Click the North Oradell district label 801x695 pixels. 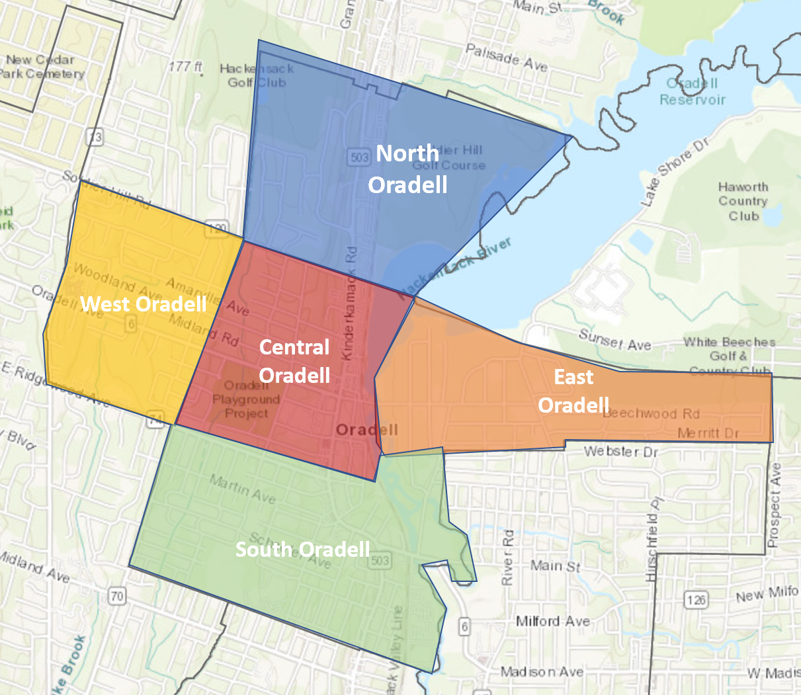[407, 169]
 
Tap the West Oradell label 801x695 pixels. [144, 304]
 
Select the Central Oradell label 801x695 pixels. [294, 361]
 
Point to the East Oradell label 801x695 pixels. [573, 391]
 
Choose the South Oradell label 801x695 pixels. [302, 550]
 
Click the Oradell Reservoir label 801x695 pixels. [693, 92]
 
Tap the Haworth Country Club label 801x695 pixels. [743, 201]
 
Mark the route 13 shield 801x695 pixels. [95, 137]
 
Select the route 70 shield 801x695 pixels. [117, 596]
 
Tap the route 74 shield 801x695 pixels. [156, 418]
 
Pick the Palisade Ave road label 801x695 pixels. [507, 58]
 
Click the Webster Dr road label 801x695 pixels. [621, 452]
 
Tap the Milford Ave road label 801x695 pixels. [552, 622]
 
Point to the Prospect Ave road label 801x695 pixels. [775, 505]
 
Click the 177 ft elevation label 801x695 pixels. [185, 67]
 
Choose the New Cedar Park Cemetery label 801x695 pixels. [41, 67]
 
